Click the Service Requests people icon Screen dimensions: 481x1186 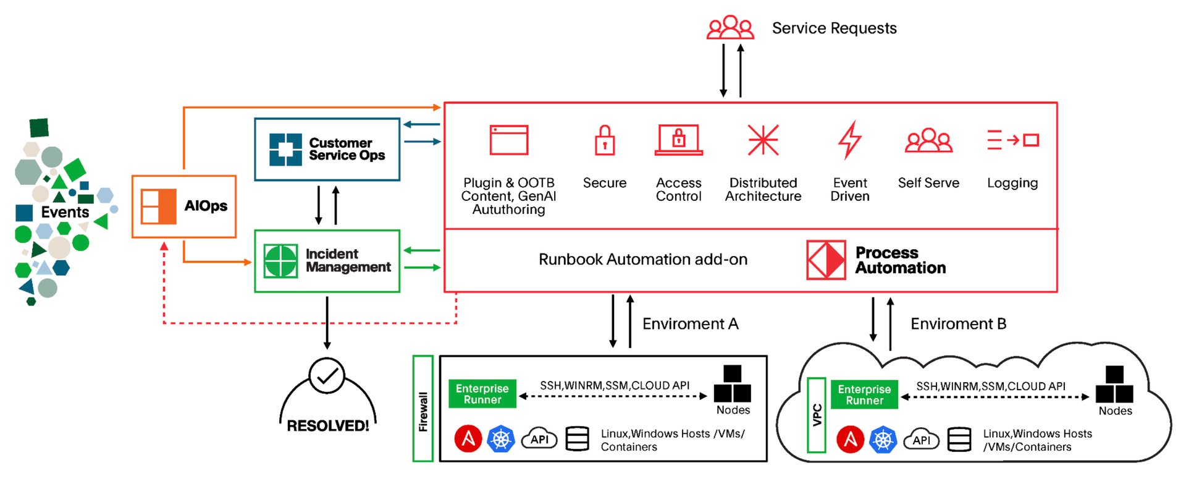pyautogui.click(x=730, y=28)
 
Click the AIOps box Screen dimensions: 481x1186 pyautogui.click(x=184, y=206)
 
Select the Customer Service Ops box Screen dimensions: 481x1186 pyautogui.click(x=327, y=150)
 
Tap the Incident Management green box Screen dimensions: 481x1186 pyautogui.click(x=327, y=261)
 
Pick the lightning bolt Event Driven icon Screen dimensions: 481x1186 pyautogui.click(x=849, y=140)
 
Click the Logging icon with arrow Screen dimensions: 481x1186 pyautogui.click(x=1012, y=140)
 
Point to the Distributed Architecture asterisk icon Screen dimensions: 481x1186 pyautogui.click(x=763, y=140)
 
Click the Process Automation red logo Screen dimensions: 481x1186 pyautogui.click(x=826, y=260)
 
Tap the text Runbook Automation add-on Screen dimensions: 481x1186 pyautogui.click(x=642, y=260)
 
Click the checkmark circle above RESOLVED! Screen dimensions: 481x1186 pyautogui.click(x=327, y=375)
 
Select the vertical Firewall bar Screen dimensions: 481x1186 pyautogui.click(x=423, y=409)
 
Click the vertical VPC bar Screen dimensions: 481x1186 pyautogui.click(x=817, y=415)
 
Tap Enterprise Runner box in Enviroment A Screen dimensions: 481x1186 pyautogui.click(x=482, y=394)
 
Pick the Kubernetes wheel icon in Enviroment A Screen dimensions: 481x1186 pyautogui.click(x=500, y=439)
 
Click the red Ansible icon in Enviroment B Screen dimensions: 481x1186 pyautogui.click(x=850, y=440)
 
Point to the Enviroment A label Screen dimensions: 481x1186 pyautogui.click(x=690, y=324)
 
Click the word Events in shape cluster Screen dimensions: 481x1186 pyautogui.click(x=65, y=212)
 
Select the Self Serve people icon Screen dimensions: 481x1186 pyautogui.click(x=928, y=141)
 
